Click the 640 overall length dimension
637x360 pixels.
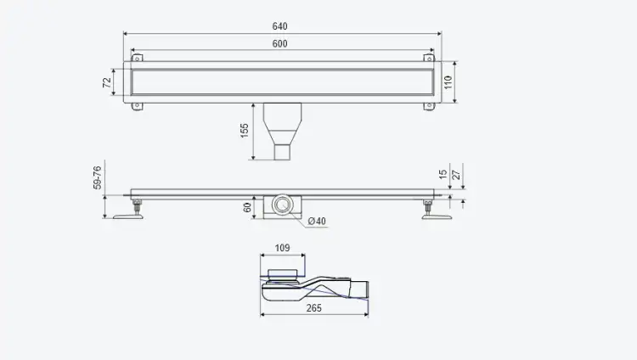[280, 26]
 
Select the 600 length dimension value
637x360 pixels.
[280, 44]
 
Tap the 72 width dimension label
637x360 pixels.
[107, 82]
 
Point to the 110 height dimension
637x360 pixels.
[448, 82]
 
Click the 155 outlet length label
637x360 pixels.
[244, 131]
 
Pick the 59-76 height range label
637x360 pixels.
[97, 177]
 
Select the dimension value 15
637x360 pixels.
[443, 174]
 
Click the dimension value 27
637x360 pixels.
[456, 175]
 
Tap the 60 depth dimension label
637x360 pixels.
[247, 208]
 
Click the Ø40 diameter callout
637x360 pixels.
[317, 221]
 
